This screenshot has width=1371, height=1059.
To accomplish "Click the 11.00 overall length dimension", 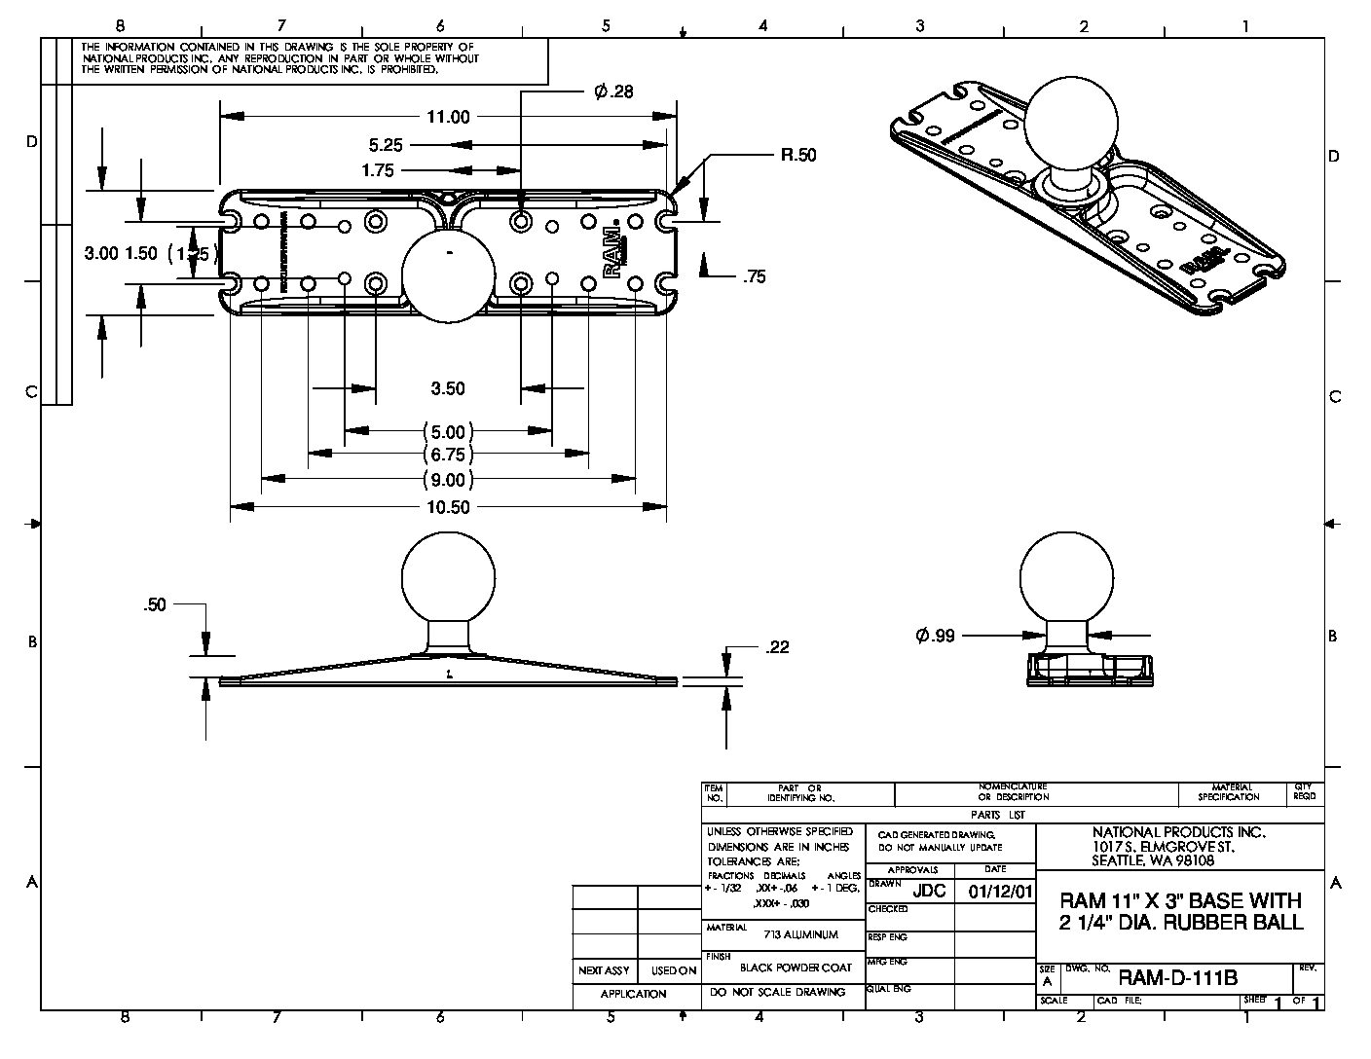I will pos(447,117).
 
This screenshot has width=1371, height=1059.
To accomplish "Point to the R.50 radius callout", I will pos(797,155).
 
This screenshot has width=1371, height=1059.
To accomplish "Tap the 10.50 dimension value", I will pos(448,507).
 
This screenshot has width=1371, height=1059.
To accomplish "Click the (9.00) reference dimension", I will pos(448,479).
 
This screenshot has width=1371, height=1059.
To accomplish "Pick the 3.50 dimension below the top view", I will pos(448,388).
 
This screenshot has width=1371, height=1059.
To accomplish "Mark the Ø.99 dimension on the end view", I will pos(935,636).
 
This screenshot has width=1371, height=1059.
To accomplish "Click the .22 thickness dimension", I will pos(777,647).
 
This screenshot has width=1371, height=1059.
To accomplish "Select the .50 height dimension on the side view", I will pos(155,604).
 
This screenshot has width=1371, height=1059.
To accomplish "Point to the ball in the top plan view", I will pos(448,274).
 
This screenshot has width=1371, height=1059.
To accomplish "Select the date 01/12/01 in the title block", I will pos(994,892).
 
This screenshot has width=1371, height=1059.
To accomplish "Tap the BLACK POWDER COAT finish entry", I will pos(796,968).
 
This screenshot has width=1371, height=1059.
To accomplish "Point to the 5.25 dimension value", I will pos(386,145).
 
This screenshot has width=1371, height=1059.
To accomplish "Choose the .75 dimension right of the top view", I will pos(754,277).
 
